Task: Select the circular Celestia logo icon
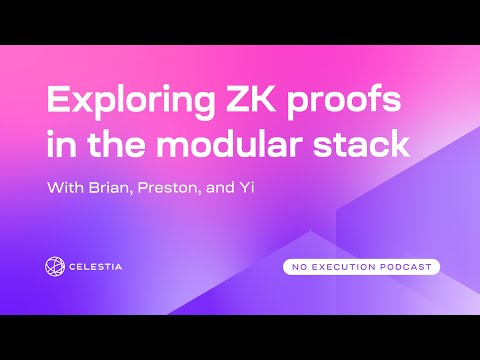click(56, 266)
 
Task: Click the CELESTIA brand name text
click(108, 267)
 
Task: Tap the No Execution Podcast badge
click(361, 267)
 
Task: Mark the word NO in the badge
click(300, 267)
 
